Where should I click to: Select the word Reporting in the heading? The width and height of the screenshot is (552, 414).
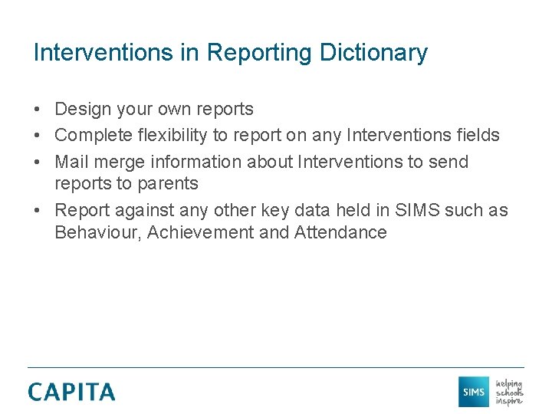pos(258,53)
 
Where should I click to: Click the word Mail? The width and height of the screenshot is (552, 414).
pos(71,162)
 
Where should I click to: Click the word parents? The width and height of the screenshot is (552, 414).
pos(168,184)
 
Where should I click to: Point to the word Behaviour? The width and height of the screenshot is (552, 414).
pos(97,233)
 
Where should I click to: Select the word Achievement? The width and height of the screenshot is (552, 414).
pos(201,233)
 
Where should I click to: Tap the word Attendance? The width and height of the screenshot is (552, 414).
pos(340,233)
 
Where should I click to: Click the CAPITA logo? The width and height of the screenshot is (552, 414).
pos(71,392)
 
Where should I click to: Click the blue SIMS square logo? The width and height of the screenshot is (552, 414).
pos(474,392)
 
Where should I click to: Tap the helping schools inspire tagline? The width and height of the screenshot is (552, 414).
pos(509,392)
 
